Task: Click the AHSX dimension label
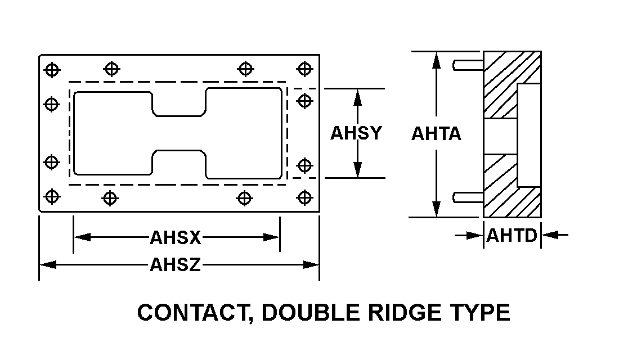click(175, 237)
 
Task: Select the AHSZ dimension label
click(175, 264)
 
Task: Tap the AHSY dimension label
click(356, 133)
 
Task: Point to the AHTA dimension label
click(437, 134)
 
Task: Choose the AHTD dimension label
click(512, 235)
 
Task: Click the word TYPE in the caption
click(482, 313)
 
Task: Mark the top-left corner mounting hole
click(52, 69)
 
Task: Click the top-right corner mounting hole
click(304, 69)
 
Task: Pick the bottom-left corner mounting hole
click(52, 197)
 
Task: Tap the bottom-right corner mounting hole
click(304, 197)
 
